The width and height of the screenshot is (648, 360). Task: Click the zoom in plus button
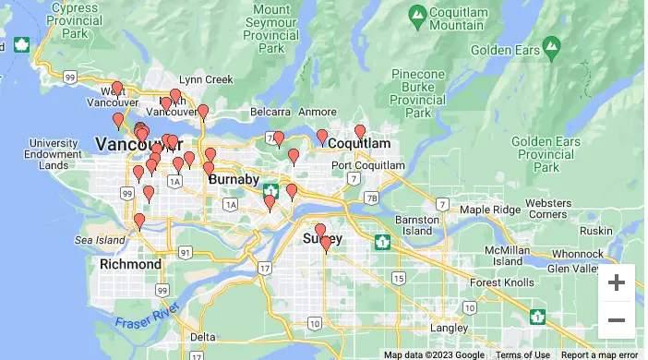(x=616, y=282)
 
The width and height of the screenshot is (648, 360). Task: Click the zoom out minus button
(x=616, y=320)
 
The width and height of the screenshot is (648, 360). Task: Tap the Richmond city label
(x=130, y=264)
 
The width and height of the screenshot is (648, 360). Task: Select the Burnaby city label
(x=227, y=179)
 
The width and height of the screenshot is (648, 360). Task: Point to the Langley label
(x=450, y=328)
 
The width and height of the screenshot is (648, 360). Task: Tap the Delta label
(x=203, y=336)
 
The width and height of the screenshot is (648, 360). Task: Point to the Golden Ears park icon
(x=551, y=44)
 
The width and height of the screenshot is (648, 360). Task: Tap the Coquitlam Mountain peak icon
(x=418, y=13)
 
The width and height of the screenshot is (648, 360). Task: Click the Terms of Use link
(x=522, y=354)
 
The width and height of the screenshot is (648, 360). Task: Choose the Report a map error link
(x=599, y=354)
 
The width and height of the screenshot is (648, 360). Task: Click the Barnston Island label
(x=416, y=225)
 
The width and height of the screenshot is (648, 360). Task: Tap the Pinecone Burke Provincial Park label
(x=421, y=93)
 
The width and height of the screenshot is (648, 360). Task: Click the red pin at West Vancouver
(x=116, y=90)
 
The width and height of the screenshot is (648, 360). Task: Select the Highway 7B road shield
(x=371, y=198)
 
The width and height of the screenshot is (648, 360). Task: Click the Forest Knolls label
(x=501, y=282)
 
